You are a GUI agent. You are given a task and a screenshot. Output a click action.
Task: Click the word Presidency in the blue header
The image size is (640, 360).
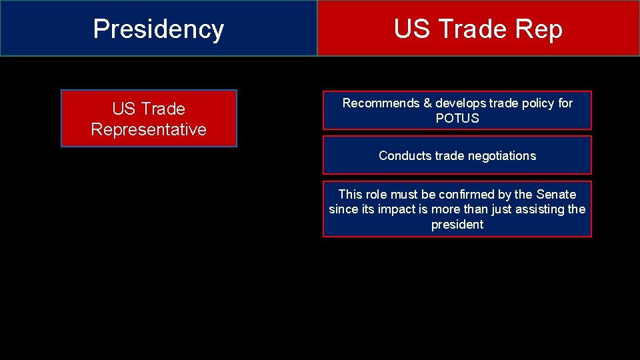click(158, 29)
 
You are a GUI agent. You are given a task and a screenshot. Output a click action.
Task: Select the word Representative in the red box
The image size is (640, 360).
click(149, 129)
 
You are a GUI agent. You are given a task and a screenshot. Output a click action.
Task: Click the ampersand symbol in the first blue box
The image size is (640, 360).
click(427, 103)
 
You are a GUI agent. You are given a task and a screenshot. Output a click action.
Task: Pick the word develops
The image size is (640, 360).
click(461, 103)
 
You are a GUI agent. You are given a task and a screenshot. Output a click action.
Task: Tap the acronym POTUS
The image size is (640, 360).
click(457, 119)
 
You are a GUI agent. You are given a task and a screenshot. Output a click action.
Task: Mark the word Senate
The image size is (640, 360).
click(555, 195)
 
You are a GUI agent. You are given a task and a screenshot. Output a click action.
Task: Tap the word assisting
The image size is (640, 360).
click(537, 209)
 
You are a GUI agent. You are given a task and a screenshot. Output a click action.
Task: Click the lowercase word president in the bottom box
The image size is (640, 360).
click(457, 225)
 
